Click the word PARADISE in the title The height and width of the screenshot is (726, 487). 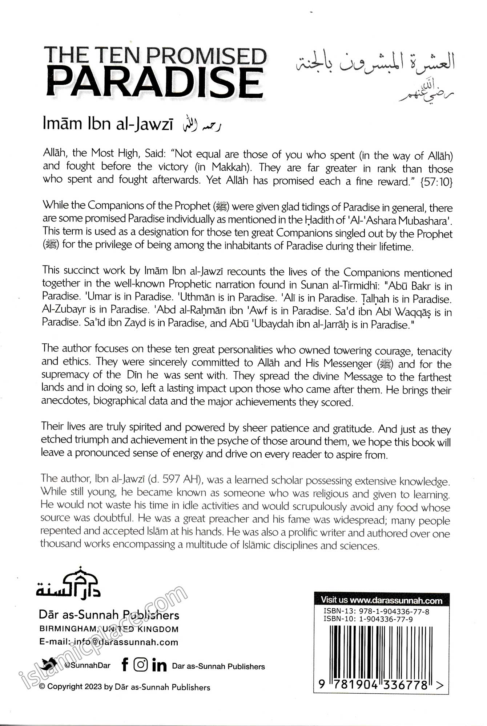click(x=154, y=83)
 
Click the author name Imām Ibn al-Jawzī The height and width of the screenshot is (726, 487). click(x=108, y=124)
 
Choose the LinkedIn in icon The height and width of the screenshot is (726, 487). click(x=159, y=665)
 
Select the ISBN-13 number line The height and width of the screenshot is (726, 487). click(x=376, y=611)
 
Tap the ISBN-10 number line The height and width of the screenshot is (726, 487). click(x=368, y=619)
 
